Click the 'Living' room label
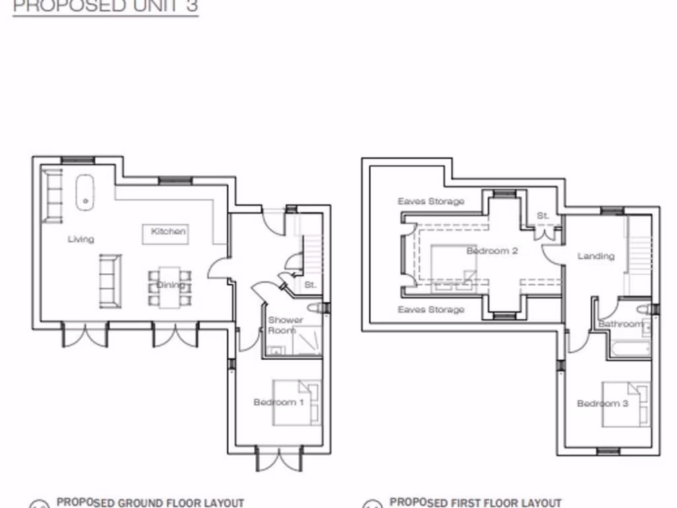pos(81,239)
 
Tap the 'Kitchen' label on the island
pos(169,232)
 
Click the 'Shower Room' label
pos(286,325)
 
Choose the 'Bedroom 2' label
pos(492,251)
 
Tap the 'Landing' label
pos(596,256)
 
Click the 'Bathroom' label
pos(620,324)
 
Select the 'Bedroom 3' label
pos(602,403)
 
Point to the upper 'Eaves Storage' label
pos(431,201)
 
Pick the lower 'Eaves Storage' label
pos(431,310)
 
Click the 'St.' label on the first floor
pos(543,216)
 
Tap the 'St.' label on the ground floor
pos(310,285)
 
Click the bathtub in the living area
pos(85,192)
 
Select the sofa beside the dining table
pos(110,281)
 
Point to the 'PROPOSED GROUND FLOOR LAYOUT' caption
pos(150,503)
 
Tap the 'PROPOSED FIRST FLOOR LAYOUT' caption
pos(475,503)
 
